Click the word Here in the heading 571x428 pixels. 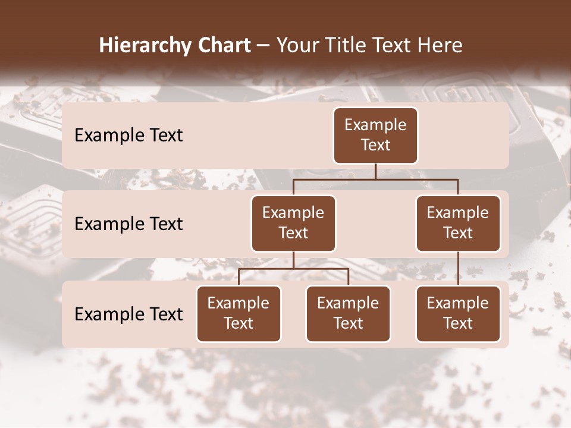tap(440, 45)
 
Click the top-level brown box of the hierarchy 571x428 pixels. tap(375, 136)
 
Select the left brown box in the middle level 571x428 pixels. tap(293, 224)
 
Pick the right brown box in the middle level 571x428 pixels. tap(458, 224)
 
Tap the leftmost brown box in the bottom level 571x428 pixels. tap(239, 314)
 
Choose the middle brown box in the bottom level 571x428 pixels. tap(348, 314)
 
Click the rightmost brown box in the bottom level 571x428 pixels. tap(458, 314)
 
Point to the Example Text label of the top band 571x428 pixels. tap(128, 136)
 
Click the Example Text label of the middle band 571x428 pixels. tap(128, 224)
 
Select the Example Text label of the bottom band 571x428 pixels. tap(128, 314)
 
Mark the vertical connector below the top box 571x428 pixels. tap(375, 172)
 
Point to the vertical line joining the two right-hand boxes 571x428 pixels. tap(458, 269)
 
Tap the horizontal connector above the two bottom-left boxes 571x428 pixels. tap(293, 269)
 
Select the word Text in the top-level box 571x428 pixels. tap(375, 146)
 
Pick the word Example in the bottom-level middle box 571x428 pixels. tap(348, 304)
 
